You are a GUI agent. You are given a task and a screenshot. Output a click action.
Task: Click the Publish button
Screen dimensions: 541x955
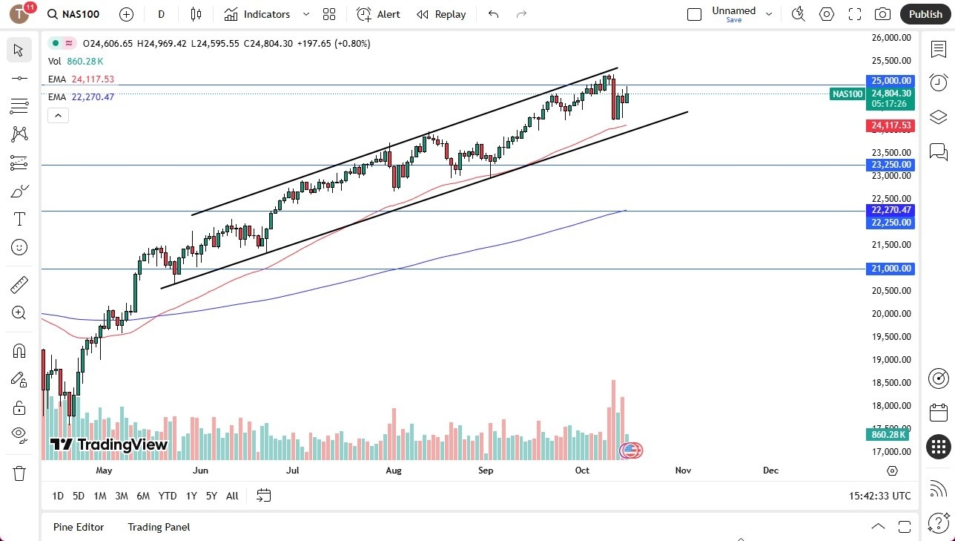tap(925, 14)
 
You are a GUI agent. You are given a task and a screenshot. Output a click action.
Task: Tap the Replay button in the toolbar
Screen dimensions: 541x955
tap(441, 14)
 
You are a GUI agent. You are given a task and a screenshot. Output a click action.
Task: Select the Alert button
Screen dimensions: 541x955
tap(378, 14)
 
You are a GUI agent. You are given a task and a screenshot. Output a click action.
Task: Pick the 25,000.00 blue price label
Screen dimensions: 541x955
tap(890, 80)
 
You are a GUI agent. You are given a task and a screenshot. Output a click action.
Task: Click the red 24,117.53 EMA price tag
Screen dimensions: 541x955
tap(890, 125)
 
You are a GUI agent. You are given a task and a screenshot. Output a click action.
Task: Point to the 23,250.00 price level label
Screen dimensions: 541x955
tap(890, 165)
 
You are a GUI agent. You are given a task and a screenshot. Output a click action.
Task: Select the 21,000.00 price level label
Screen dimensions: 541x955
tap(890, 269)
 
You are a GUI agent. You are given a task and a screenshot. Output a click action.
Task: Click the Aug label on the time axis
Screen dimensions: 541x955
tap(394, 470)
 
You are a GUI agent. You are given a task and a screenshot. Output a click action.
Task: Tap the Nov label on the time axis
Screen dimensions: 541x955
tap(683, 470)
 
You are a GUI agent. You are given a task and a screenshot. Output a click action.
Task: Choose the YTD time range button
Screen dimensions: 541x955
tap(168, 496)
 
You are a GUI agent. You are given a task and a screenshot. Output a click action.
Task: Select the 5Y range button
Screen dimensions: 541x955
tap(211, 496)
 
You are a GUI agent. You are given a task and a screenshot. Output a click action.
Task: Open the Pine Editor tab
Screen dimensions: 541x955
tap(79, 527)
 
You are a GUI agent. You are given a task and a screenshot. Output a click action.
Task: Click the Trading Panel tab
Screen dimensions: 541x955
tap(159, 527)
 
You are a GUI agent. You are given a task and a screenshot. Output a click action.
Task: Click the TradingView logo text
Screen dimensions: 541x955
tap(109, 445)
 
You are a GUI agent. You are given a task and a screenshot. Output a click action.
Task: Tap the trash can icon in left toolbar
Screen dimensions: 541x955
tap(19, 473)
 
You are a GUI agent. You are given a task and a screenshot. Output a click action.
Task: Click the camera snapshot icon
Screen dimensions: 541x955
tap(882, 14)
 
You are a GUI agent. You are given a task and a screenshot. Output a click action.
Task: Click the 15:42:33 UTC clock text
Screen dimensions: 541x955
tap(880, 496)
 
